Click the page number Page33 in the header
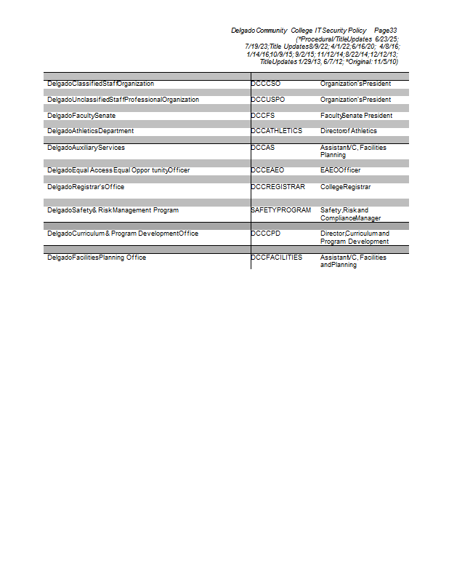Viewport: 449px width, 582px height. coord(385,31)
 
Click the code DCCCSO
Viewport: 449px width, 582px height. coord(266,84)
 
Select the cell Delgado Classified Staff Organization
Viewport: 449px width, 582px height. coord(100,84)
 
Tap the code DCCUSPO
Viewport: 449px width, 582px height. coord(268,100)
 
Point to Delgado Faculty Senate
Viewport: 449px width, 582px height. coord(81,116)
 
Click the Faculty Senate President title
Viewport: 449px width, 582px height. coord(356,116)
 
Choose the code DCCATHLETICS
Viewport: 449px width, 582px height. coord(277,131)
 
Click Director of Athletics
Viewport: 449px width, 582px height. coord(349,131)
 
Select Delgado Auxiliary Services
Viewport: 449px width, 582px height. coord(86,148)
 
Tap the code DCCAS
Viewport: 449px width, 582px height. coord(263,148)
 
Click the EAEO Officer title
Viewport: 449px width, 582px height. coord(340,170)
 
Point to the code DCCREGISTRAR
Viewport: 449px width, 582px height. coord(278,187)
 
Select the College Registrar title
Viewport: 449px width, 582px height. coord(345,187)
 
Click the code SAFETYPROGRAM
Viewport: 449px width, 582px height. coord(280,210)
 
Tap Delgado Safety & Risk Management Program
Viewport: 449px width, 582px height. coord(113,210)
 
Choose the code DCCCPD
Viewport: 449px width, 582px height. coord(266,234)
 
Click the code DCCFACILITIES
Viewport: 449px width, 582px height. coord(277,258)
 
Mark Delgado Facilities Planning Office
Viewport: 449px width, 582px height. coord(97,258)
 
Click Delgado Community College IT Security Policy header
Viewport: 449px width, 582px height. coord(299,31)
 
